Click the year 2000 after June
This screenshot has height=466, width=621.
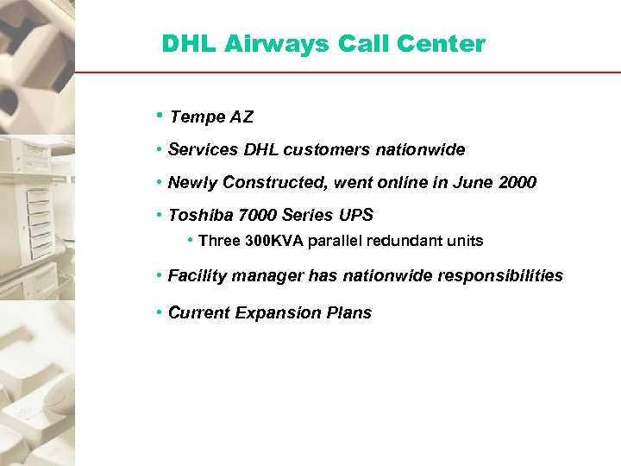[517, 183]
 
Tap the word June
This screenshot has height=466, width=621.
[476, 183]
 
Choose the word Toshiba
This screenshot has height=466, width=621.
[198, 216]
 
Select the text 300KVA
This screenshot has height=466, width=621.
[274, 242]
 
